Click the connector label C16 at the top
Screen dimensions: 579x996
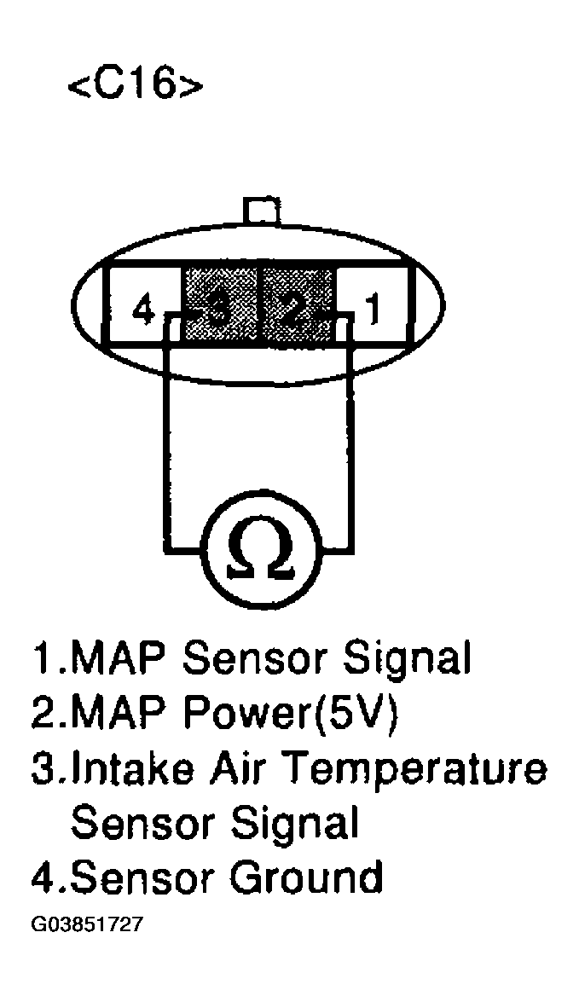(136, 84)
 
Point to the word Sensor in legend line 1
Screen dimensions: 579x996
(260, 658)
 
